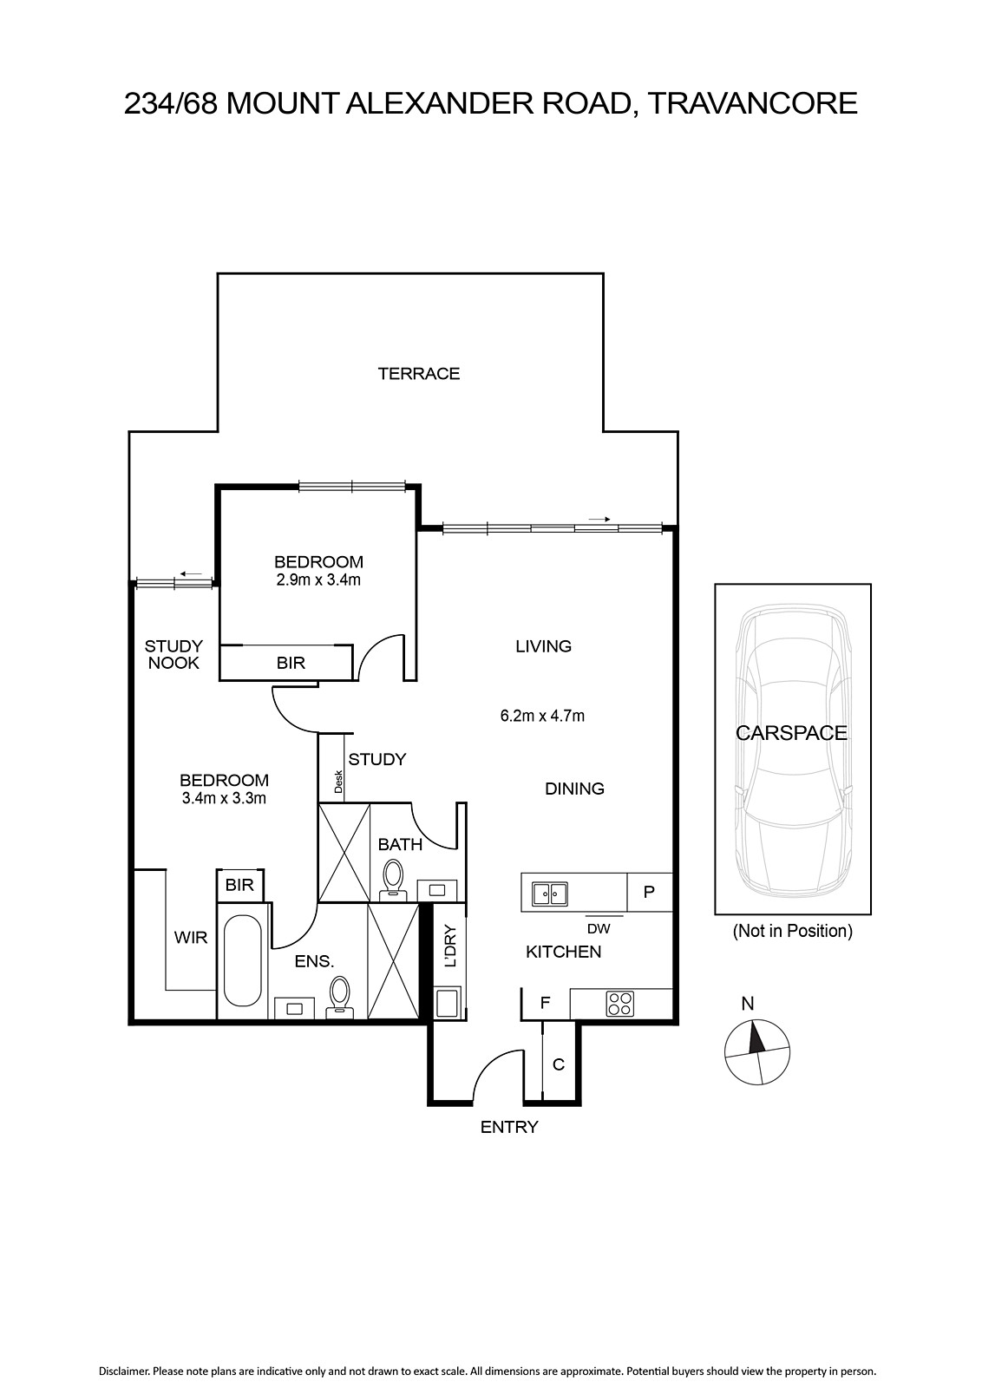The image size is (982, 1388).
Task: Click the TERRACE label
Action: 419,374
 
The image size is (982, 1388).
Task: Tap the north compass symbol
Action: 757,1051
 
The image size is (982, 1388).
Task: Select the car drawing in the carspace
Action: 792,749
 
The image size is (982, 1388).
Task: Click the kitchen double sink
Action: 549,894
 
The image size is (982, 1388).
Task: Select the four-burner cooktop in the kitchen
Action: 619,1004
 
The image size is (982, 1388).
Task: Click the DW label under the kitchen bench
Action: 599,929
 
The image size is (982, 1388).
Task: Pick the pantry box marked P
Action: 649,892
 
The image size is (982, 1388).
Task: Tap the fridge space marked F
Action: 545,1003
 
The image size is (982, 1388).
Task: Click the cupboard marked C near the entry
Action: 559,1064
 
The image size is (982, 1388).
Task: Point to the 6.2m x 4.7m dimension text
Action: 542,717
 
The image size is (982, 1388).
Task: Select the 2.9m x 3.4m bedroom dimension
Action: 318,580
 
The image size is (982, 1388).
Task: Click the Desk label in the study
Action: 338,782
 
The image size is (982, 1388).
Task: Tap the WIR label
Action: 191,938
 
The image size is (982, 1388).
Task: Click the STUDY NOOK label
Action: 173,654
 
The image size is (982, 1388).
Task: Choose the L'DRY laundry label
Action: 450,946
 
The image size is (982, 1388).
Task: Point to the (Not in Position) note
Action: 792,931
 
